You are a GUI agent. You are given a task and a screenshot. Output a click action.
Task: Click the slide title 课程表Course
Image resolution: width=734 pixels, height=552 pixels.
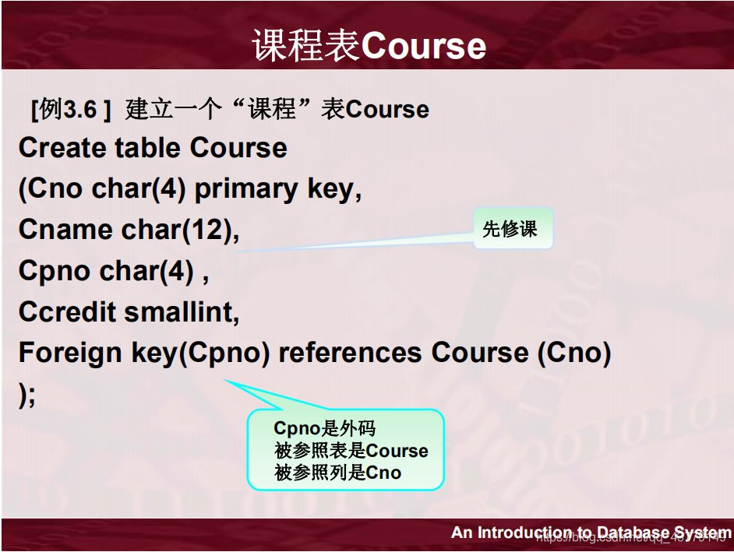369,46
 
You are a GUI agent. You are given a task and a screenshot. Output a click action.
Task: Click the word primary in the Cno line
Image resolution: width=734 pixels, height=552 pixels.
233,189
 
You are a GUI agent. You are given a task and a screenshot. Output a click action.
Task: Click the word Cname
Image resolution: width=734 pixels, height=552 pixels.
65,230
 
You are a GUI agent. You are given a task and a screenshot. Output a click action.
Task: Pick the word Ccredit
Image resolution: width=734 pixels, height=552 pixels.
68,312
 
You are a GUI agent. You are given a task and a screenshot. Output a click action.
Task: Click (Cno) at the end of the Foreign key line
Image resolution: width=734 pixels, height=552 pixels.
573,353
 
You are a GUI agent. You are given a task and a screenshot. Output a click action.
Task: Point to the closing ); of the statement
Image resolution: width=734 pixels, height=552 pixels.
27,395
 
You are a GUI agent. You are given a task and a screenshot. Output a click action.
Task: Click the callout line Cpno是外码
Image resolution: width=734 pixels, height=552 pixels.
326,428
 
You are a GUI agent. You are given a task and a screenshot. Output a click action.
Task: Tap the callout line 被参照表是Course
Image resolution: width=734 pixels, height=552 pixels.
351,451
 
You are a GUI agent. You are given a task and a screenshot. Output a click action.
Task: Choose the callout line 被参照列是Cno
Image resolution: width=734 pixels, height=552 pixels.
338,473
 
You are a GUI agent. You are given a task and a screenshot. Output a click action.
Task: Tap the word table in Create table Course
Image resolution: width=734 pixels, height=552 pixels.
148,148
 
